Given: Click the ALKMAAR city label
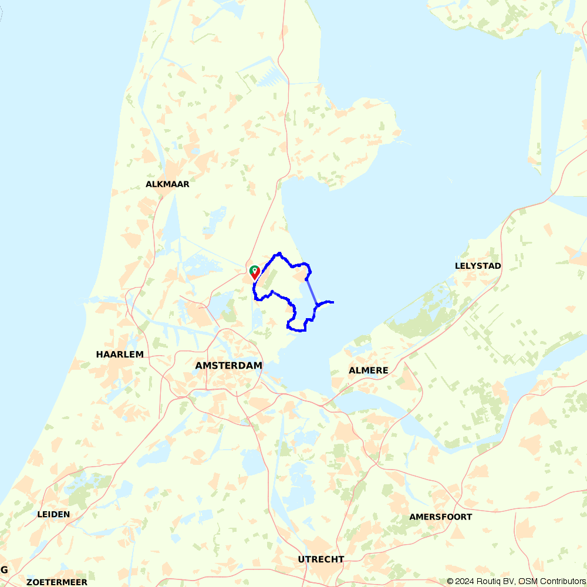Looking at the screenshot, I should tap(167, 184).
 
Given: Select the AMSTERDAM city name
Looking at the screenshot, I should tap(228, 365).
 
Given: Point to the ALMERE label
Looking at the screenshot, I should tap(368, 370).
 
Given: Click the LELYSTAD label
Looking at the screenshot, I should tap(478, 266).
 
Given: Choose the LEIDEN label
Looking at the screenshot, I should tap(53, 514).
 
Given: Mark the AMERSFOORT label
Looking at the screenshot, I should tap(440, 517).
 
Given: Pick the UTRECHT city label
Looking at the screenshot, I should tap(321, 559).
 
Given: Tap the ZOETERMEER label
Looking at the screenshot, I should tap(56, 582).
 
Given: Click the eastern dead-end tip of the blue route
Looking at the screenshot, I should tap(333, 302).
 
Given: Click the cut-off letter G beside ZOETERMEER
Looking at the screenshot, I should tap(4, 570).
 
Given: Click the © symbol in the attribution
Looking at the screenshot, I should tap(450, 581).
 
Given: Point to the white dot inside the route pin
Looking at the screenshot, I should tap(255, 270).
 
